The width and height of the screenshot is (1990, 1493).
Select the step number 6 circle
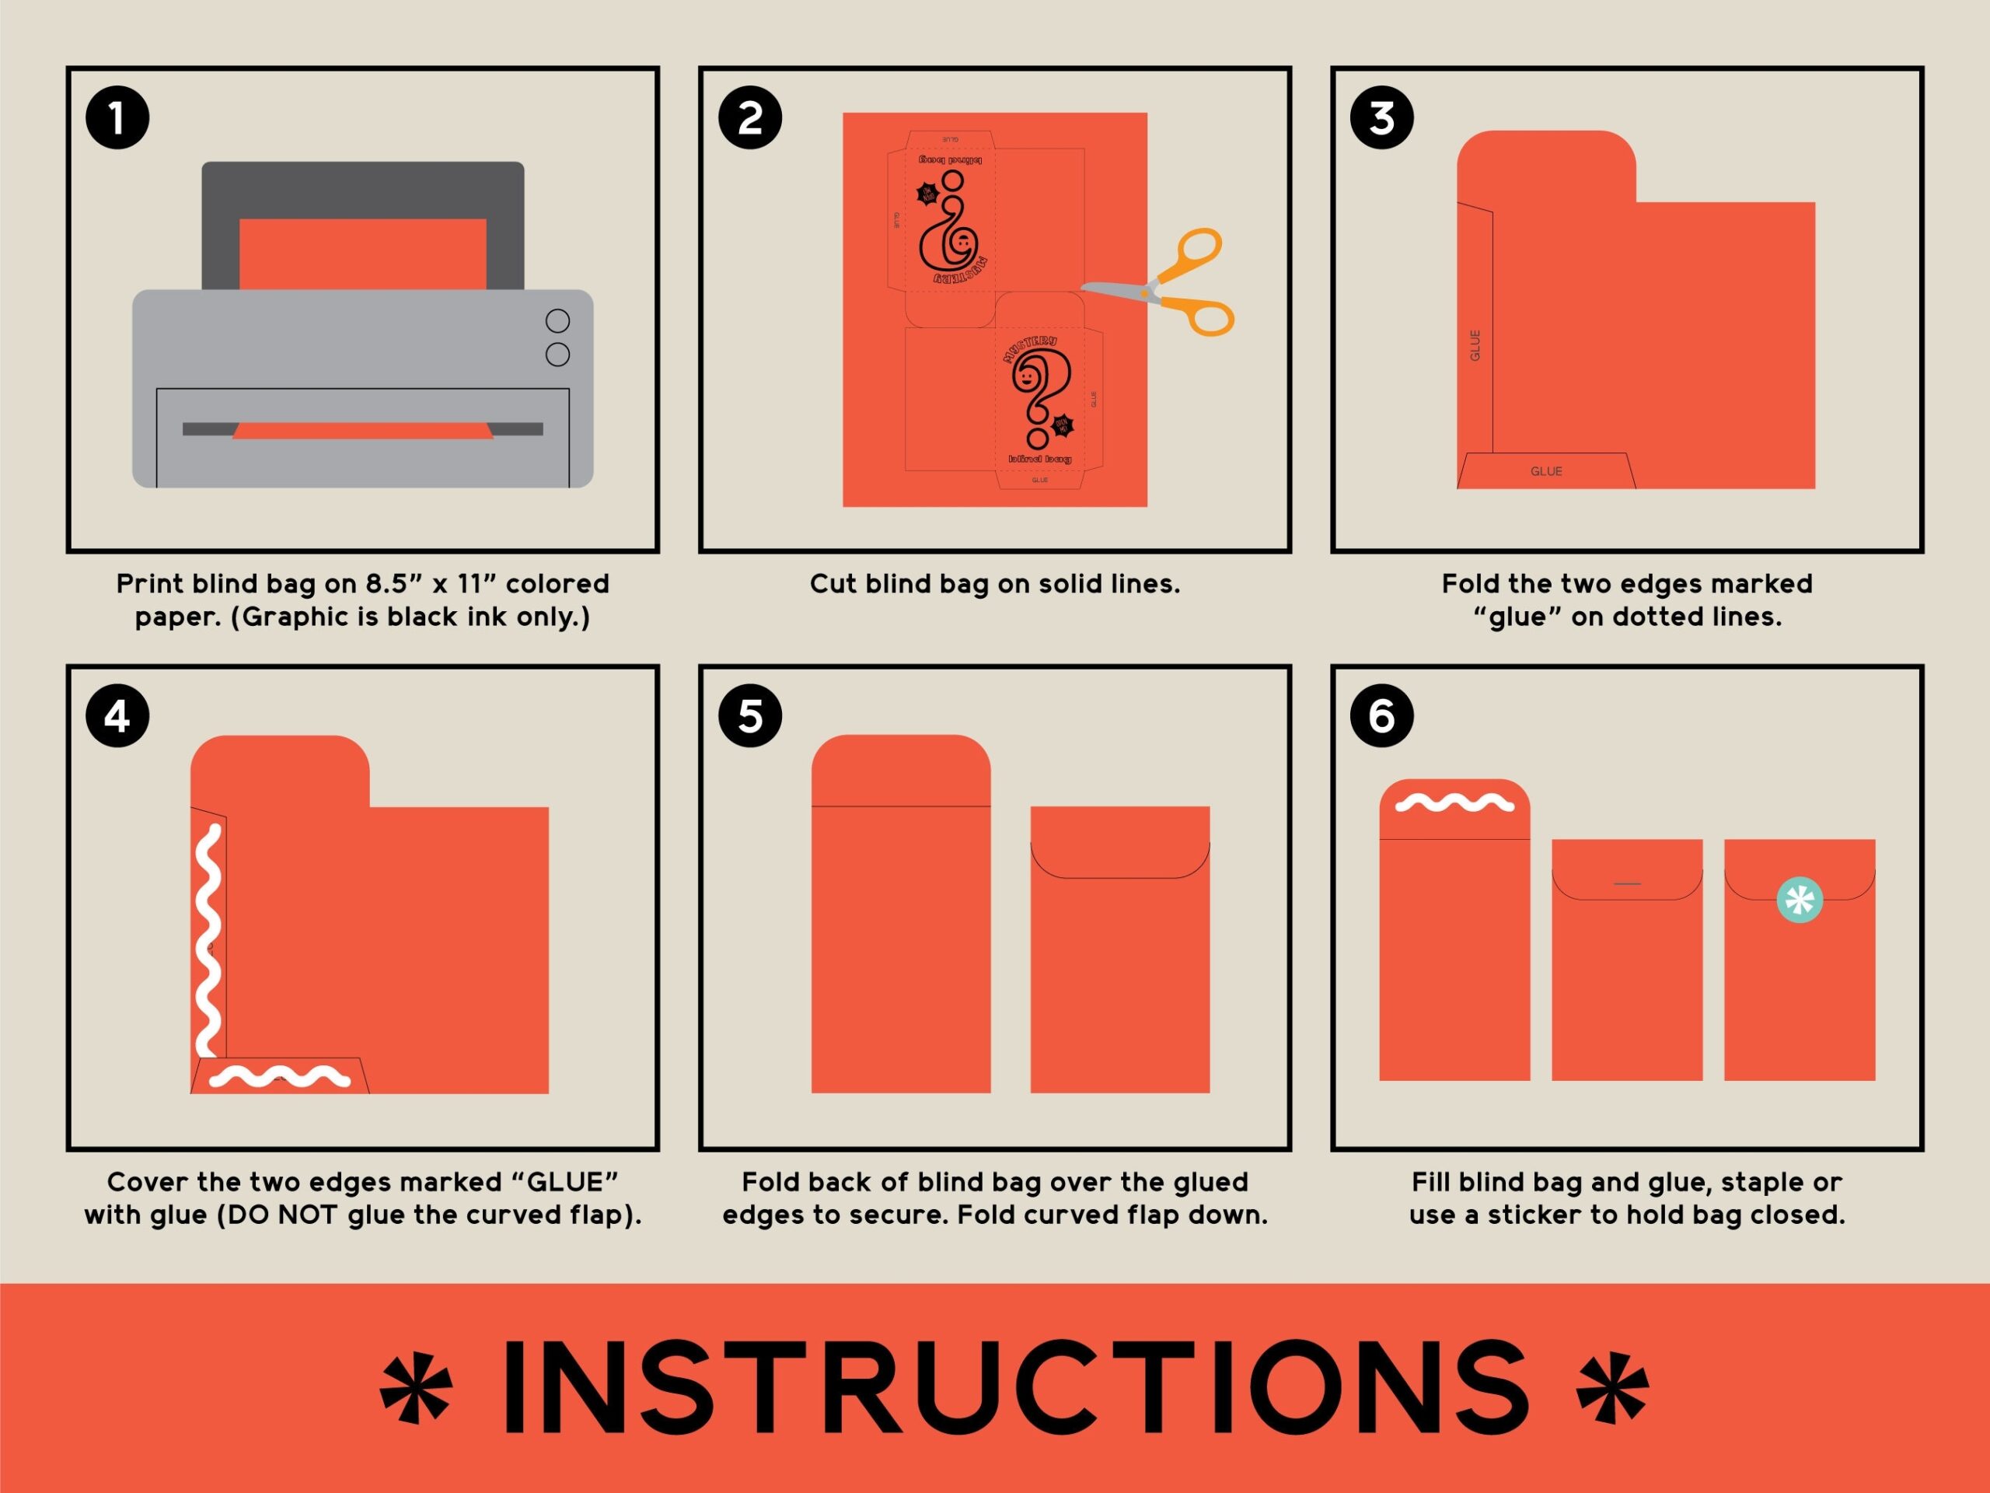(1382, 716)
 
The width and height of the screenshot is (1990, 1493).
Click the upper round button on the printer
(558, 320)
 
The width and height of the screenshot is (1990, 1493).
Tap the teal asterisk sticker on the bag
(1800, 900)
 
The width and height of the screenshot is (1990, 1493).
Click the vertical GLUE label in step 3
(1475, 345)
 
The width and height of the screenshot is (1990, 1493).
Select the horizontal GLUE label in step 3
(1546, 471)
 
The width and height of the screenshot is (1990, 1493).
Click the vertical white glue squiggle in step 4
(208, 940)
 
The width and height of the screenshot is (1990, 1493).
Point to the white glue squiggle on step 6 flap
(1454, 802)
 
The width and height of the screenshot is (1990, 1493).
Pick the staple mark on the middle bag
(1626, 883)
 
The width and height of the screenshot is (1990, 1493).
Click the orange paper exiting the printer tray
(362, 431)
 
